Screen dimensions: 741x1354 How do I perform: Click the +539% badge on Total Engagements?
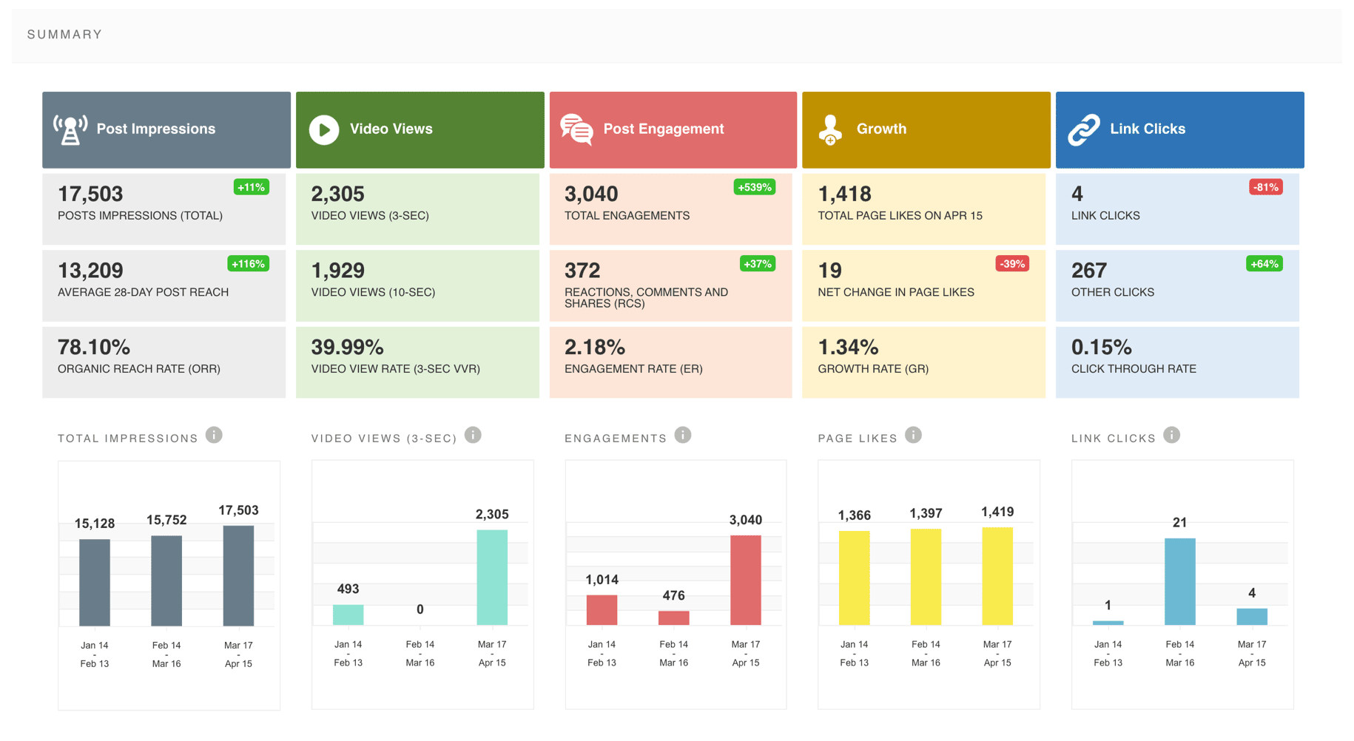pos(755,187)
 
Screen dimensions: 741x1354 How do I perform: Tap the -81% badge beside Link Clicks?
pos(1265,187)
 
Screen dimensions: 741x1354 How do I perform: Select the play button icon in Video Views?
pos(324,130)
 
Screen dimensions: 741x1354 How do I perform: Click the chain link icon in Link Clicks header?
pos(1084,130)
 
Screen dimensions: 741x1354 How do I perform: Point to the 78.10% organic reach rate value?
pos(94,347)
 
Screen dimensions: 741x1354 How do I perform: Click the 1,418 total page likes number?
pos(844,194)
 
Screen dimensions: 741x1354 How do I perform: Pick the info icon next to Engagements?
pos(683,435)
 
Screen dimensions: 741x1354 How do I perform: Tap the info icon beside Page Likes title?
pos(914,435)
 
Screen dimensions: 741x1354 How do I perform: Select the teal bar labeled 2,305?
pos(492,577)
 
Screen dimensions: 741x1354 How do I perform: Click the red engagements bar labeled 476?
pos(673,617)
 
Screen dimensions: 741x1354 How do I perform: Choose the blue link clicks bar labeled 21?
pos(1179,581)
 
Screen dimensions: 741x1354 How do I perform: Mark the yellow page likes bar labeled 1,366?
pos(854,578)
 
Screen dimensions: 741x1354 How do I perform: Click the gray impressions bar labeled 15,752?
pos(166,581)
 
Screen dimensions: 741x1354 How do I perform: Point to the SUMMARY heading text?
pos(65,35)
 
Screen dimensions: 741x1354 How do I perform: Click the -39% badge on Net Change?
pos(1012,264)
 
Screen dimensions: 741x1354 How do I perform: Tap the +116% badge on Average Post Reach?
pos(248,264)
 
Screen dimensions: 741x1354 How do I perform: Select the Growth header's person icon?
pos(830,130)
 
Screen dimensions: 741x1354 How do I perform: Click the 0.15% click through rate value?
pos(1101,347)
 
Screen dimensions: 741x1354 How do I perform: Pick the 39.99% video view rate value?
pos(347,347)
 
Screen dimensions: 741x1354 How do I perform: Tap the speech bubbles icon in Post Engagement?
pos(576,130)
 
